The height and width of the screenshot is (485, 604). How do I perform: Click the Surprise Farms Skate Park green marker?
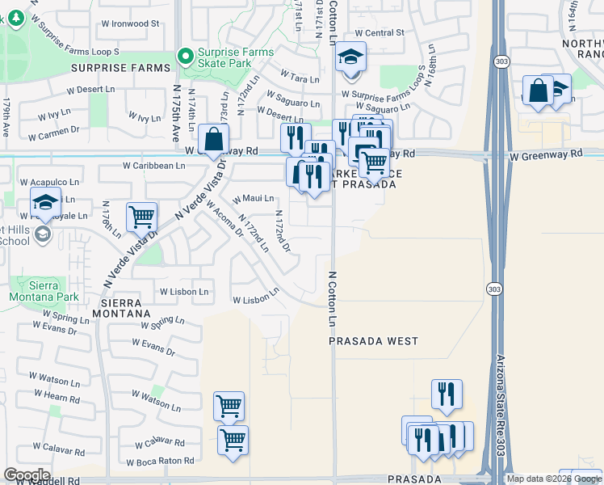tap(187, 57)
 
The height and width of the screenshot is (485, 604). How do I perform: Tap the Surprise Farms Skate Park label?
tap(235, 57)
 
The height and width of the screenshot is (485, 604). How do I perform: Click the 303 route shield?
tap(494, 289)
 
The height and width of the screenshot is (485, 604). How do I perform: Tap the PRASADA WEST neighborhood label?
tap(374, 341)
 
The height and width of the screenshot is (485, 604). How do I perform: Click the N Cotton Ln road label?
tap(332, 298)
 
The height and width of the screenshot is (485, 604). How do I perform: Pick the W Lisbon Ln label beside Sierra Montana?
tap(184, 292)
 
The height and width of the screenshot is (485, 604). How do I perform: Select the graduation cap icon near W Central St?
tap(351, 57)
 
